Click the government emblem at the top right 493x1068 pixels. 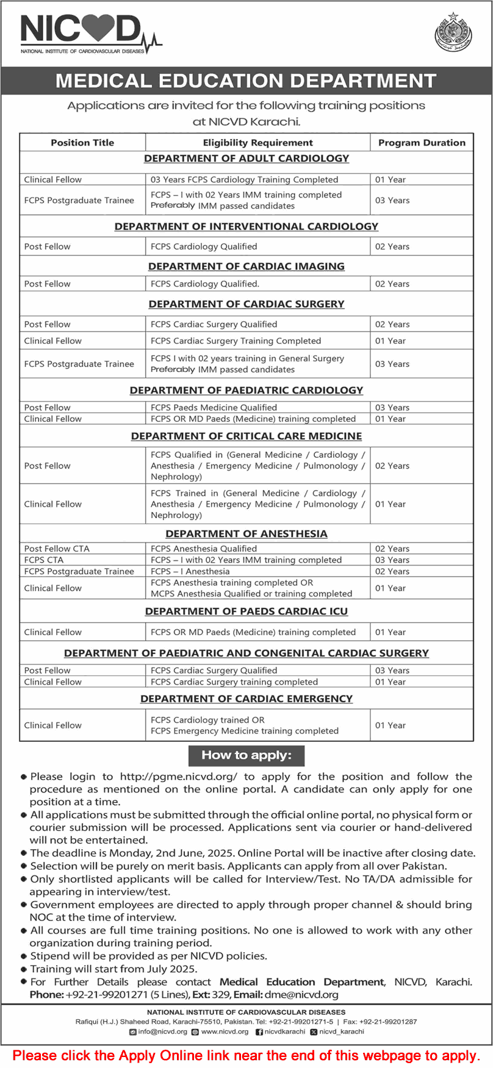pos(453,32)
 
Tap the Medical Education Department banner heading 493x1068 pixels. pos(246,81)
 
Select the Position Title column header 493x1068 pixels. pos(82,143)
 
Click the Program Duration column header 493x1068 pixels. pos(422,143)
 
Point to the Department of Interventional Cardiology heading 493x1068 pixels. pos(246,226)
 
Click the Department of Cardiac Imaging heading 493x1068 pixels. pos(246,266)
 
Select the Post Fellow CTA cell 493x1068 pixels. pos(57,549)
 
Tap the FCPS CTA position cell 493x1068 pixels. pos(44,560)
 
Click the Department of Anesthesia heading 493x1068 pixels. pos(246,533)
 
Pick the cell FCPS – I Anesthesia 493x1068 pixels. pos(190,571)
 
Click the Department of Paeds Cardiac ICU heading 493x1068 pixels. pos(246,611)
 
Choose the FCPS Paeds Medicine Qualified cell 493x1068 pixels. pos(214,407)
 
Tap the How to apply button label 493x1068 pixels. pos(246,755)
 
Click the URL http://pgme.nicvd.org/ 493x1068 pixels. pos(179,777)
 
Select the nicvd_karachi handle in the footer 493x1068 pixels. pos(341,1031)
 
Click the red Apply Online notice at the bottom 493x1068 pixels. pos(246,1055)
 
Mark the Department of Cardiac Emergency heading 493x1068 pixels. pos(246,699)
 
